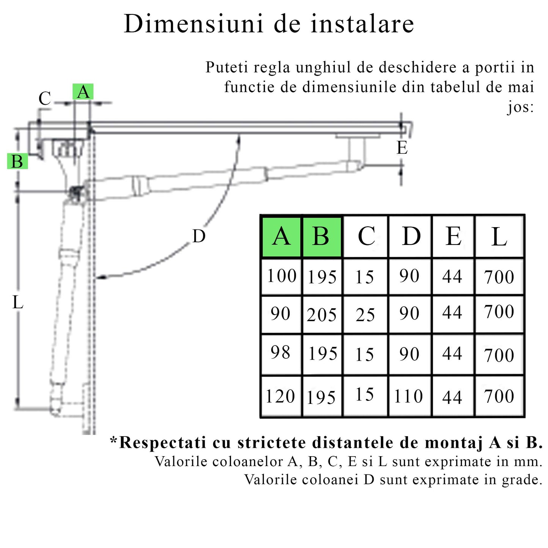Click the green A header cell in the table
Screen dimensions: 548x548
[x=281, y=237]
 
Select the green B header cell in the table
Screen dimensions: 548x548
[x=321, y=237]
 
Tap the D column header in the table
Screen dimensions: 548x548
[x=411, y=237]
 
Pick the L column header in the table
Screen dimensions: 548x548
[x=499, y=237]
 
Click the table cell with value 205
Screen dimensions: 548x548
[x=322, y=315]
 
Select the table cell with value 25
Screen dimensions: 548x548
[x=365, y=315]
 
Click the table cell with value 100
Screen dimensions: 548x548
[x=281, y=276]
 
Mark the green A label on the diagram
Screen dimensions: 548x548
[x=83, y=92]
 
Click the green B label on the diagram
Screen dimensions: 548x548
[x=17, y=162]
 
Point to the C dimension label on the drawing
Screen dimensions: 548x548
[x=45, y=99]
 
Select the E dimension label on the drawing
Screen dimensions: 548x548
[x=402, y=148]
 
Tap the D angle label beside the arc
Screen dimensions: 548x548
[x=199, y=237]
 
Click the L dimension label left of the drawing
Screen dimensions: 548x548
[x=18, y=303]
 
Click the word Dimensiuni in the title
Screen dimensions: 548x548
[x=193, y=24]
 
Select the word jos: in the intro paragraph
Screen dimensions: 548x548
[x=521, y=107]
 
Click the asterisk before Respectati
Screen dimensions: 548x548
[x=113, y=440]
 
